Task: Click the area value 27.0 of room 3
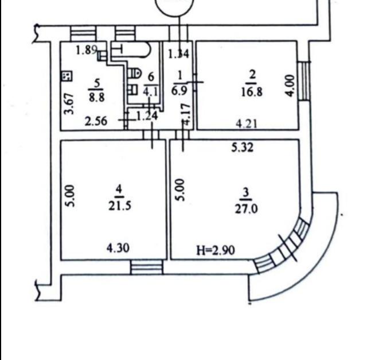[x=246, y=209]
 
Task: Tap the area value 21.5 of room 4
[x=120, y=206]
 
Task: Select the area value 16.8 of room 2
[x=252, y=92]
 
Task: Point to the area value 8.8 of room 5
[x=97, y=97]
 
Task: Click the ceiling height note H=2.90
[x=216, y=250]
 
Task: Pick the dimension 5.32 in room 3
[x=242, y=148]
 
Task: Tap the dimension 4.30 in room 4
[x=118, y=247]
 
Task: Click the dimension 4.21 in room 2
[x=247, y=123]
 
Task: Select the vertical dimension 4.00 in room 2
[x=290, y=86]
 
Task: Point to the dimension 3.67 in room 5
[x=69, y=104]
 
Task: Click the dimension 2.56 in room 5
[x=96, y=121]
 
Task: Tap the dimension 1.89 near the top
[x=87, y=50]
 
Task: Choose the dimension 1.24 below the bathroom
[x=147, y=116]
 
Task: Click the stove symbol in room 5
[x=67, y=76]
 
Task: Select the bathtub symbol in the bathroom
[x=131, y=49]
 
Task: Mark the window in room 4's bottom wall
[x=147, y=267]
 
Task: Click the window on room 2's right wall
[x=304, y=80]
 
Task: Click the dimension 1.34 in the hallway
[x=179, y=54]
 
